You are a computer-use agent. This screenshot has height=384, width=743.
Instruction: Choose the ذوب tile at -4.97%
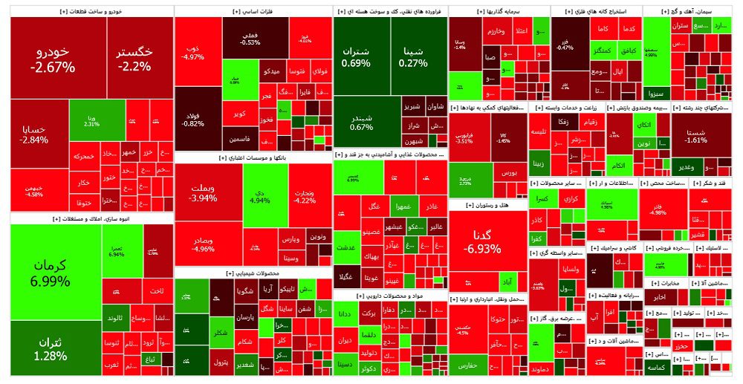(x=192, y=51)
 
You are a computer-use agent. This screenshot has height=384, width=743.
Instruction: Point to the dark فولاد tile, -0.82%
(x=192, y=119)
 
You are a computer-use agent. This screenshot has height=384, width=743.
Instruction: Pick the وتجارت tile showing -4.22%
(x=305, y=195)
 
